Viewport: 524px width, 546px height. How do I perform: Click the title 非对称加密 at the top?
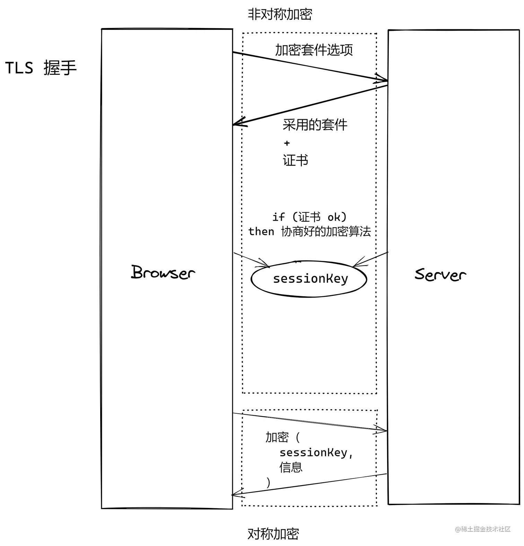[x=280, y=15]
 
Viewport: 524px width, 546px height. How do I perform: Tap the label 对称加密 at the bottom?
[x=273, y=534]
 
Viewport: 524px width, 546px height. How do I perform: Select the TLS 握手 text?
[x=41, y=68]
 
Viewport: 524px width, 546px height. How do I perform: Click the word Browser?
[x=163, y=272]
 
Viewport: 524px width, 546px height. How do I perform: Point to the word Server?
[x=440, y=275]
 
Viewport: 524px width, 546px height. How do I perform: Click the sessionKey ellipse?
[x=309, y=279]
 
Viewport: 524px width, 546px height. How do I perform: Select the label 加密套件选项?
[x=314, y=50]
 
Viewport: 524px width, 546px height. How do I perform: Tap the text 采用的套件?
[x=315, y=125]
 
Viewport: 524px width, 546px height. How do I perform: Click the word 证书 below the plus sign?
[x=295, y=160]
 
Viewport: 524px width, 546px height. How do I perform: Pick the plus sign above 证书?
[x=287, y=143]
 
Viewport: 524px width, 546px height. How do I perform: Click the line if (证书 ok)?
[x=309, y=217]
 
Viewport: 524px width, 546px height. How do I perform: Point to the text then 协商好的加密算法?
[x=309, y=231]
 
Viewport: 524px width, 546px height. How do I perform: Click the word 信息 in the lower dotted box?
[x=291, y=467]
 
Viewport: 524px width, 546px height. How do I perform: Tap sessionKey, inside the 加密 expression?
[x=316, y=453]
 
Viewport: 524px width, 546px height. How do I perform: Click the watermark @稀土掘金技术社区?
[x=483, y=529]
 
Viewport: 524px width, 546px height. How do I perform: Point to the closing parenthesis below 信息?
[x=268, y=482]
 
